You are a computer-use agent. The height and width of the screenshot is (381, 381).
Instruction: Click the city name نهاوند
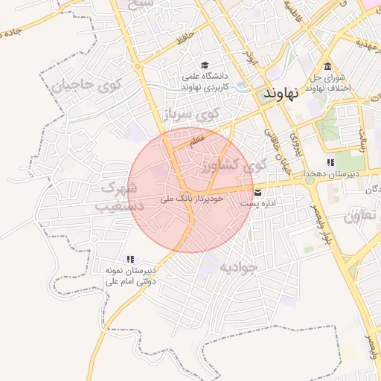pyautogui.click(x=281, y=95)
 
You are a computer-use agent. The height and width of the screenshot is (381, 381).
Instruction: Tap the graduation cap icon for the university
pyautogui.click(x=205, y=65)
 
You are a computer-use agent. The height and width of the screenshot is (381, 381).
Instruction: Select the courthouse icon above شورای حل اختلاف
pyautogui.click(x=328, y=65)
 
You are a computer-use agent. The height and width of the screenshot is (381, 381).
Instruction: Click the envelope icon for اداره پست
pyautogui.click(x=257, y=192)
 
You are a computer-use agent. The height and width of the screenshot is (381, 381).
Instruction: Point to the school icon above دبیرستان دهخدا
pyautogui.click(x=330, y=162)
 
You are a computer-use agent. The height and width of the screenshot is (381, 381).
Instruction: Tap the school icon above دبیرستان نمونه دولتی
pyautogui.click(x=130, y=259)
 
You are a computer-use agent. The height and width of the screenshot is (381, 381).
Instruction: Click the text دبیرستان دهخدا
pyautogui.click(x=335, y=173)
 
